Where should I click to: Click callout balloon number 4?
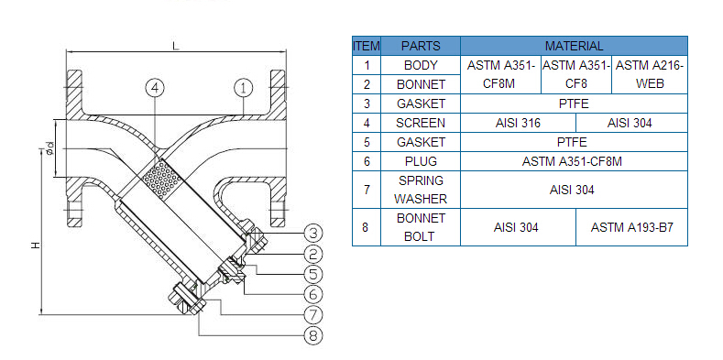(x=155, y=88)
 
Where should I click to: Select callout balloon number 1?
(x=244, y=88)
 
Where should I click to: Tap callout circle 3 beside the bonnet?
(x=313, y=234)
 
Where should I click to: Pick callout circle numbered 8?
(x=313, y=335)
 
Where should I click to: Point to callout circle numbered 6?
(x=313, y=294)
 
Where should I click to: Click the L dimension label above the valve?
(x=175, y=45)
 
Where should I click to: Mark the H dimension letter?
(x=36, y=245)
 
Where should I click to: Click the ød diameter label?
(x=49, y=148)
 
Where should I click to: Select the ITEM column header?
(x=367, y=46)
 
